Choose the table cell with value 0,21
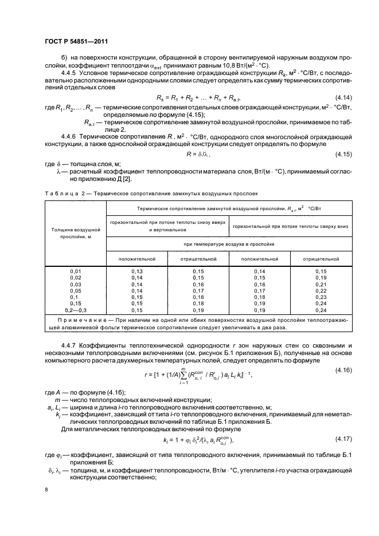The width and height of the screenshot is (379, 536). click(x=321, y=284)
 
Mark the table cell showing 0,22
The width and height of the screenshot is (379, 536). click(x=321, y=291)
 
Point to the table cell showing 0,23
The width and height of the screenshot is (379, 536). click(x=321, y=298)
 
